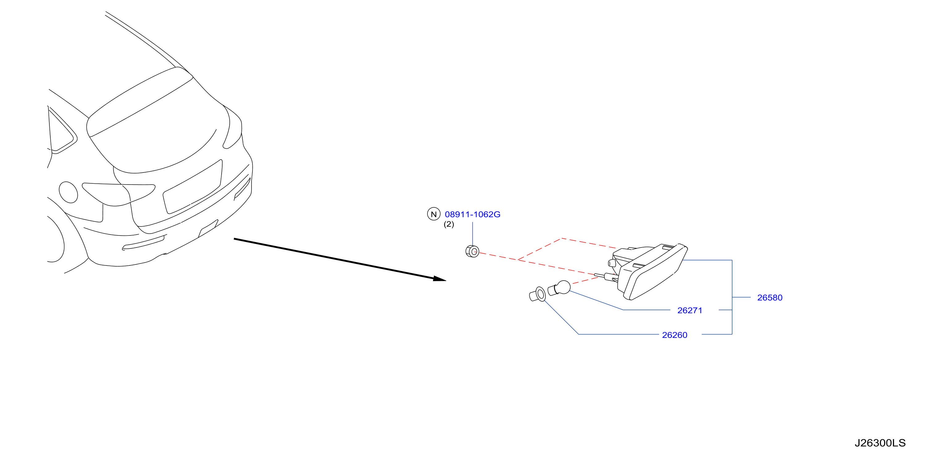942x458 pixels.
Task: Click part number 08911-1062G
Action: coord(473,214)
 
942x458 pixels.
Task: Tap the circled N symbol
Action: coord(434,214)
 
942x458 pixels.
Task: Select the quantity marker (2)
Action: coord(449,224)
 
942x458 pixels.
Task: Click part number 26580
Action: coord(770,298)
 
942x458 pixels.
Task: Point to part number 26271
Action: coord(690,310)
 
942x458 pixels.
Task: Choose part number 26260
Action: coord(675,335)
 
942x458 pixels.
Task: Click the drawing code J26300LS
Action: coord(880,443)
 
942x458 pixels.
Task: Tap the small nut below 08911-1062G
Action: coord(473,252)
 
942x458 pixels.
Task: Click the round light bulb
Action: coord(560,288)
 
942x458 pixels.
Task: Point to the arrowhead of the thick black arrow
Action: coord(440,279)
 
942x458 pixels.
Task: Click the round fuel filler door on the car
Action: coord(69,192)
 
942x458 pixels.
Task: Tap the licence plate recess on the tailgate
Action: coord(193,187)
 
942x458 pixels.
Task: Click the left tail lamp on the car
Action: coord(119,194)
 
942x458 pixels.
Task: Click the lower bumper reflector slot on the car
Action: coord(143,243)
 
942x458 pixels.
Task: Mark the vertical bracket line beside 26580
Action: coord(732,297)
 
